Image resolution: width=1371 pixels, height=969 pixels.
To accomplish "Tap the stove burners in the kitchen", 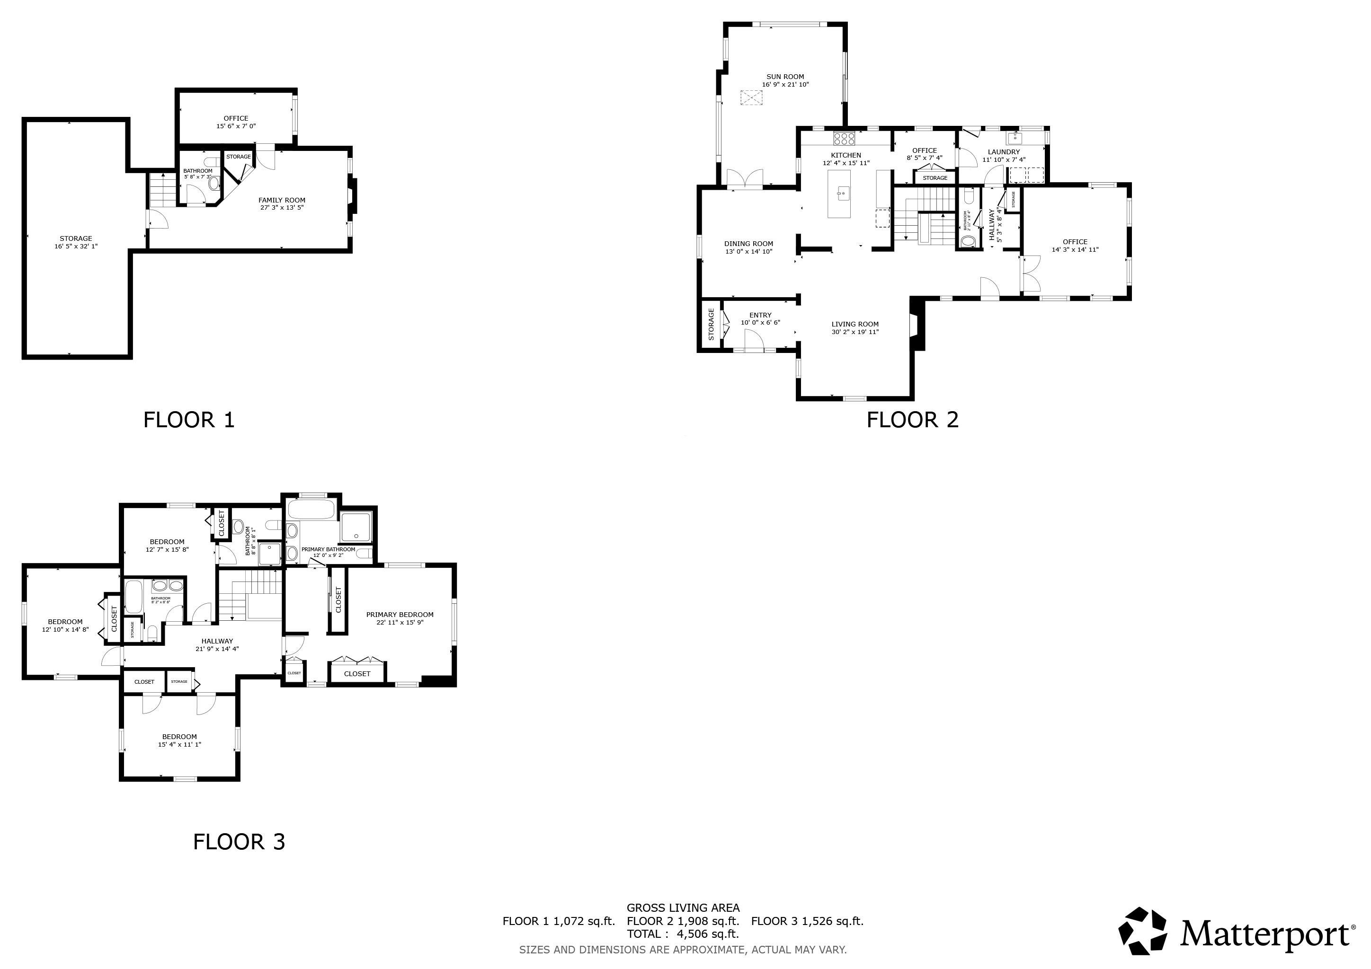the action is pos(845,139).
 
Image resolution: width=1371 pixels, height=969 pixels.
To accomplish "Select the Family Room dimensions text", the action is pos(282,208).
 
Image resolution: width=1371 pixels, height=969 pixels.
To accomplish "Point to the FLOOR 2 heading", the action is pos(912,420).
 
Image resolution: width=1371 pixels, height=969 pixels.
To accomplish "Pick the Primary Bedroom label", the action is pos(400,615).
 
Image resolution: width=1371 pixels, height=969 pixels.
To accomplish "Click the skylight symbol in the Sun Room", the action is pos(752,97).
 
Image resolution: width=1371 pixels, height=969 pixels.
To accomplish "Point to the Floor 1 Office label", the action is pos(236,118).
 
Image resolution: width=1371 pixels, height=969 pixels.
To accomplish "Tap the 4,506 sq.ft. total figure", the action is pos(708,934).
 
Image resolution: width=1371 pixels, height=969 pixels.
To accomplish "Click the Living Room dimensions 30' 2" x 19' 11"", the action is pos(855,332).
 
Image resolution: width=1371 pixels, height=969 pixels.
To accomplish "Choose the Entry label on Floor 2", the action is pos(760,315).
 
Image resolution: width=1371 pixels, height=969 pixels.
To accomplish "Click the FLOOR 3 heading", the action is pos(239,842).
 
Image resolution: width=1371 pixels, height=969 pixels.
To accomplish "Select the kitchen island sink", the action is pos(843,192).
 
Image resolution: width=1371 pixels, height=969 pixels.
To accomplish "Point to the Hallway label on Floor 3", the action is pos(217,641).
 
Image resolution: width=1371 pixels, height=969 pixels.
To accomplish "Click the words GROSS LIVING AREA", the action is pos(683,908).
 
